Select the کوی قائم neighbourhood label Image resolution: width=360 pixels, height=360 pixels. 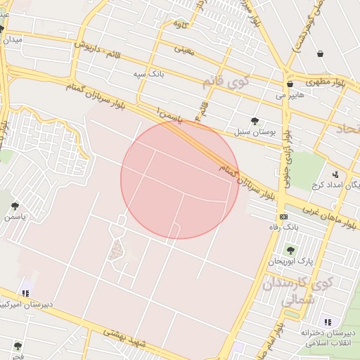(x=226, y=82)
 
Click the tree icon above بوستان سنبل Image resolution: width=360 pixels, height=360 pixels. (x=255, y=121)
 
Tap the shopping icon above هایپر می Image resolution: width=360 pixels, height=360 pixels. (x=289, y=84)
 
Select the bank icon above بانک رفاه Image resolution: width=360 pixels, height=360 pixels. (x=283, y=217)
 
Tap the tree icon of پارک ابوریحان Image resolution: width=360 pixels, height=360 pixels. (x=290, y=250)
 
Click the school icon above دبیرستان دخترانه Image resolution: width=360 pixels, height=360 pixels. (x=328, y=322)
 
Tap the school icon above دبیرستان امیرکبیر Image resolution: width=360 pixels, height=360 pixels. (x=25, y=293)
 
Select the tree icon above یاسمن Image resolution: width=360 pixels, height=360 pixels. (x=15, y=206)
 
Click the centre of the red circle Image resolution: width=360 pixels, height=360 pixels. (x=180, y=179)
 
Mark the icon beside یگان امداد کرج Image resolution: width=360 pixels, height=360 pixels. (x=335, y=174)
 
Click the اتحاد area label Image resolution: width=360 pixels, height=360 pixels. (x=347, y=129)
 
